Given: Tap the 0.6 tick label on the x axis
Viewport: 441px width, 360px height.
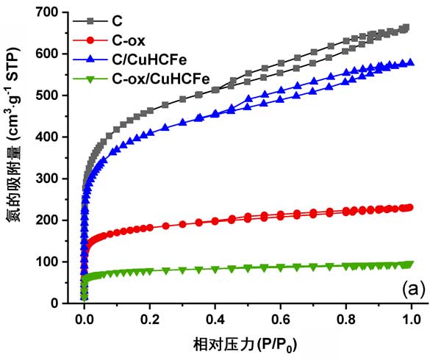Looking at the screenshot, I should (280, 320).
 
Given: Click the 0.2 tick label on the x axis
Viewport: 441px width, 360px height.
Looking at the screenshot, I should (149, 320).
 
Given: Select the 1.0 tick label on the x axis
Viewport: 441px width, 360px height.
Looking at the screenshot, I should (411, 320).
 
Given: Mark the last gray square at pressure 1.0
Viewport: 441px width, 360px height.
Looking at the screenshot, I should (406, 28).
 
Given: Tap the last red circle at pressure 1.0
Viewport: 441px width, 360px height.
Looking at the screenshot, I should (409, 207).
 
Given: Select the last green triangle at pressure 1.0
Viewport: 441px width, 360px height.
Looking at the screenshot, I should (410, 264).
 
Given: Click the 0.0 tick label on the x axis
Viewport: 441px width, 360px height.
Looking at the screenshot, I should (84, 320).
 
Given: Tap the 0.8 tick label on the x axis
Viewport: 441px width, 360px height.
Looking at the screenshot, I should (345, 320).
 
